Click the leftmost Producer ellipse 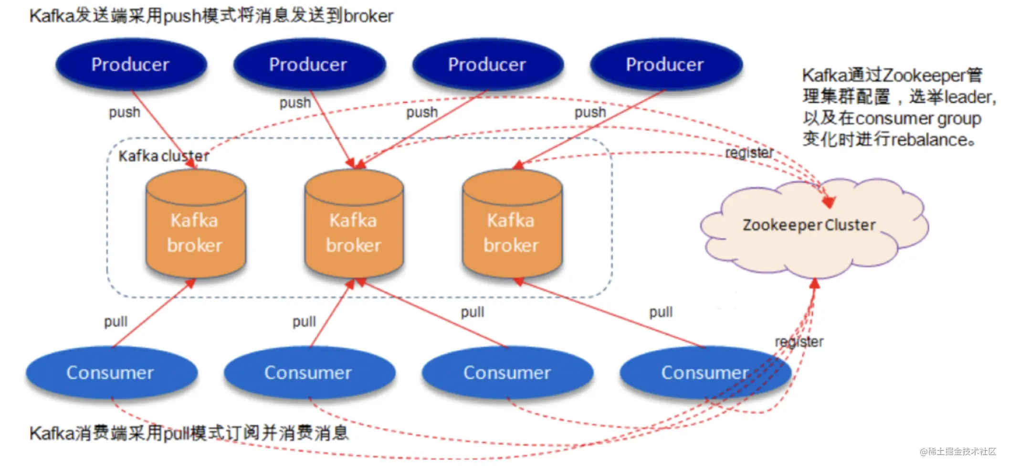(x=131, y=64)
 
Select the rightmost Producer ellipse (x=666, y=64)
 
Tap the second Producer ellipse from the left (x=309, y=64)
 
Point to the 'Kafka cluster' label (x=164, y=156)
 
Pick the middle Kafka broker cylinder (x=354, y=224)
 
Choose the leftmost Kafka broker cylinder (x=196, y=224)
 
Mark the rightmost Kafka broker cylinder (x=512, y=224)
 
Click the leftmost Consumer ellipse (x=111, y=373)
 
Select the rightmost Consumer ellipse (x=705, y=373)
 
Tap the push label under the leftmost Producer (x=125, y=113)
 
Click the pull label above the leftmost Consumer (x=116, y=321)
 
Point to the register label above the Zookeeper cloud (x=749, y=152)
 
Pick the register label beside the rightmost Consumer (x=799, y=341)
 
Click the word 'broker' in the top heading (x=368, y=16)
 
